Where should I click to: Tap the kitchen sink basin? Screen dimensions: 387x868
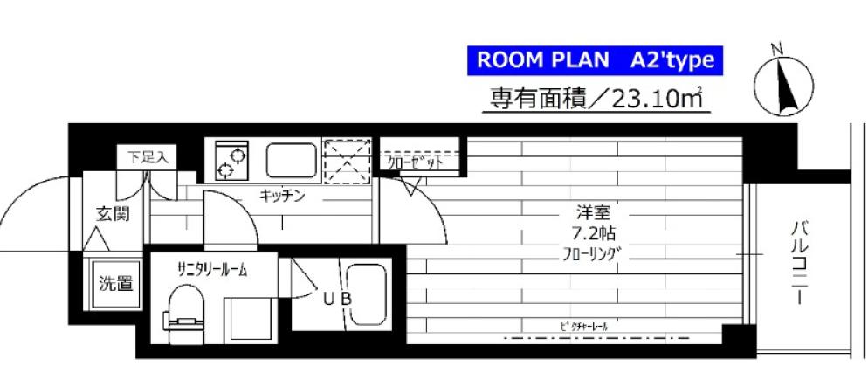(293, 160)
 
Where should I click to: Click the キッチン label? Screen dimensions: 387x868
(281, 196)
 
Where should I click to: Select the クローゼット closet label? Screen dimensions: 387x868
(417, 162)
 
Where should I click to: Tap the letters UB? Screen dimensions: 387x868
(336, 299)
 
